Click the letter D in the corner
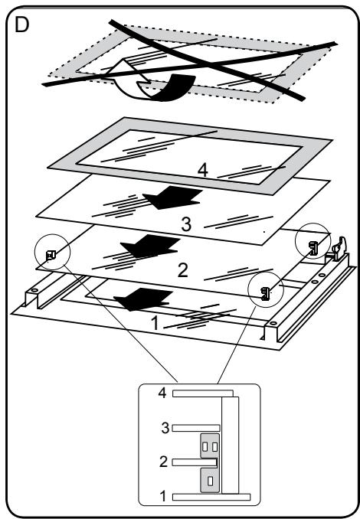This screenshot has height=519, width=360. pos(22,24)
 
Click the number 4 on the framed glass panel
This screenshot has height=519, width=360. pos(203,171)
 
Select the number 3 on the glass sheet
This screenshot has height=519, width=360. pos(186,224)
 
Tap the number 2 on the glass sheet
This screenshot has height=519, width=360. pos(183,270)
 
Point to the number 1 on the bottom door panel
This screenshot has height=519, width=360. pos(155,323)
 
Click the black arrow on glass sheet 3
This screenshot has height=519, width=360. pos(172,197)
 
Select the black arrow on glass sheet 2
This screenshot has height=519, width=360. pos(150,246)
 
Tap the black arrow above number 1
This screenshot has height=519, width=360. pos(143,299)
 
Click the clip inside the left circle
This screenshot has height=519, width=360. pos(50,255)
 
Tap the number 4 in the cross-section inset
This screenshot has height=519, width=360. pos(162,393)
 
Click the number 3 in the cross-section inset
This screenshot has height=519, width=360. pos(165,428)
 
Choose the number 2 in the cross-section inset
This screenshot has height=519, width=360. pos(163,462)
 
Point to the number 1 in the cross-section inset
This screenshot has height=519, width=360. pos(162,496)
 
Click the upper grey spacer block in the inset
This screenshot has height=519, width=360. pos(210,446)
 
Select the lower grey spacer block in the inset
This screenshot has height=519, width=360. pos(210,480)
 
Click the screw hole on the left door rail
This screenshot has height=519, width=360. pos(33,290)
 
